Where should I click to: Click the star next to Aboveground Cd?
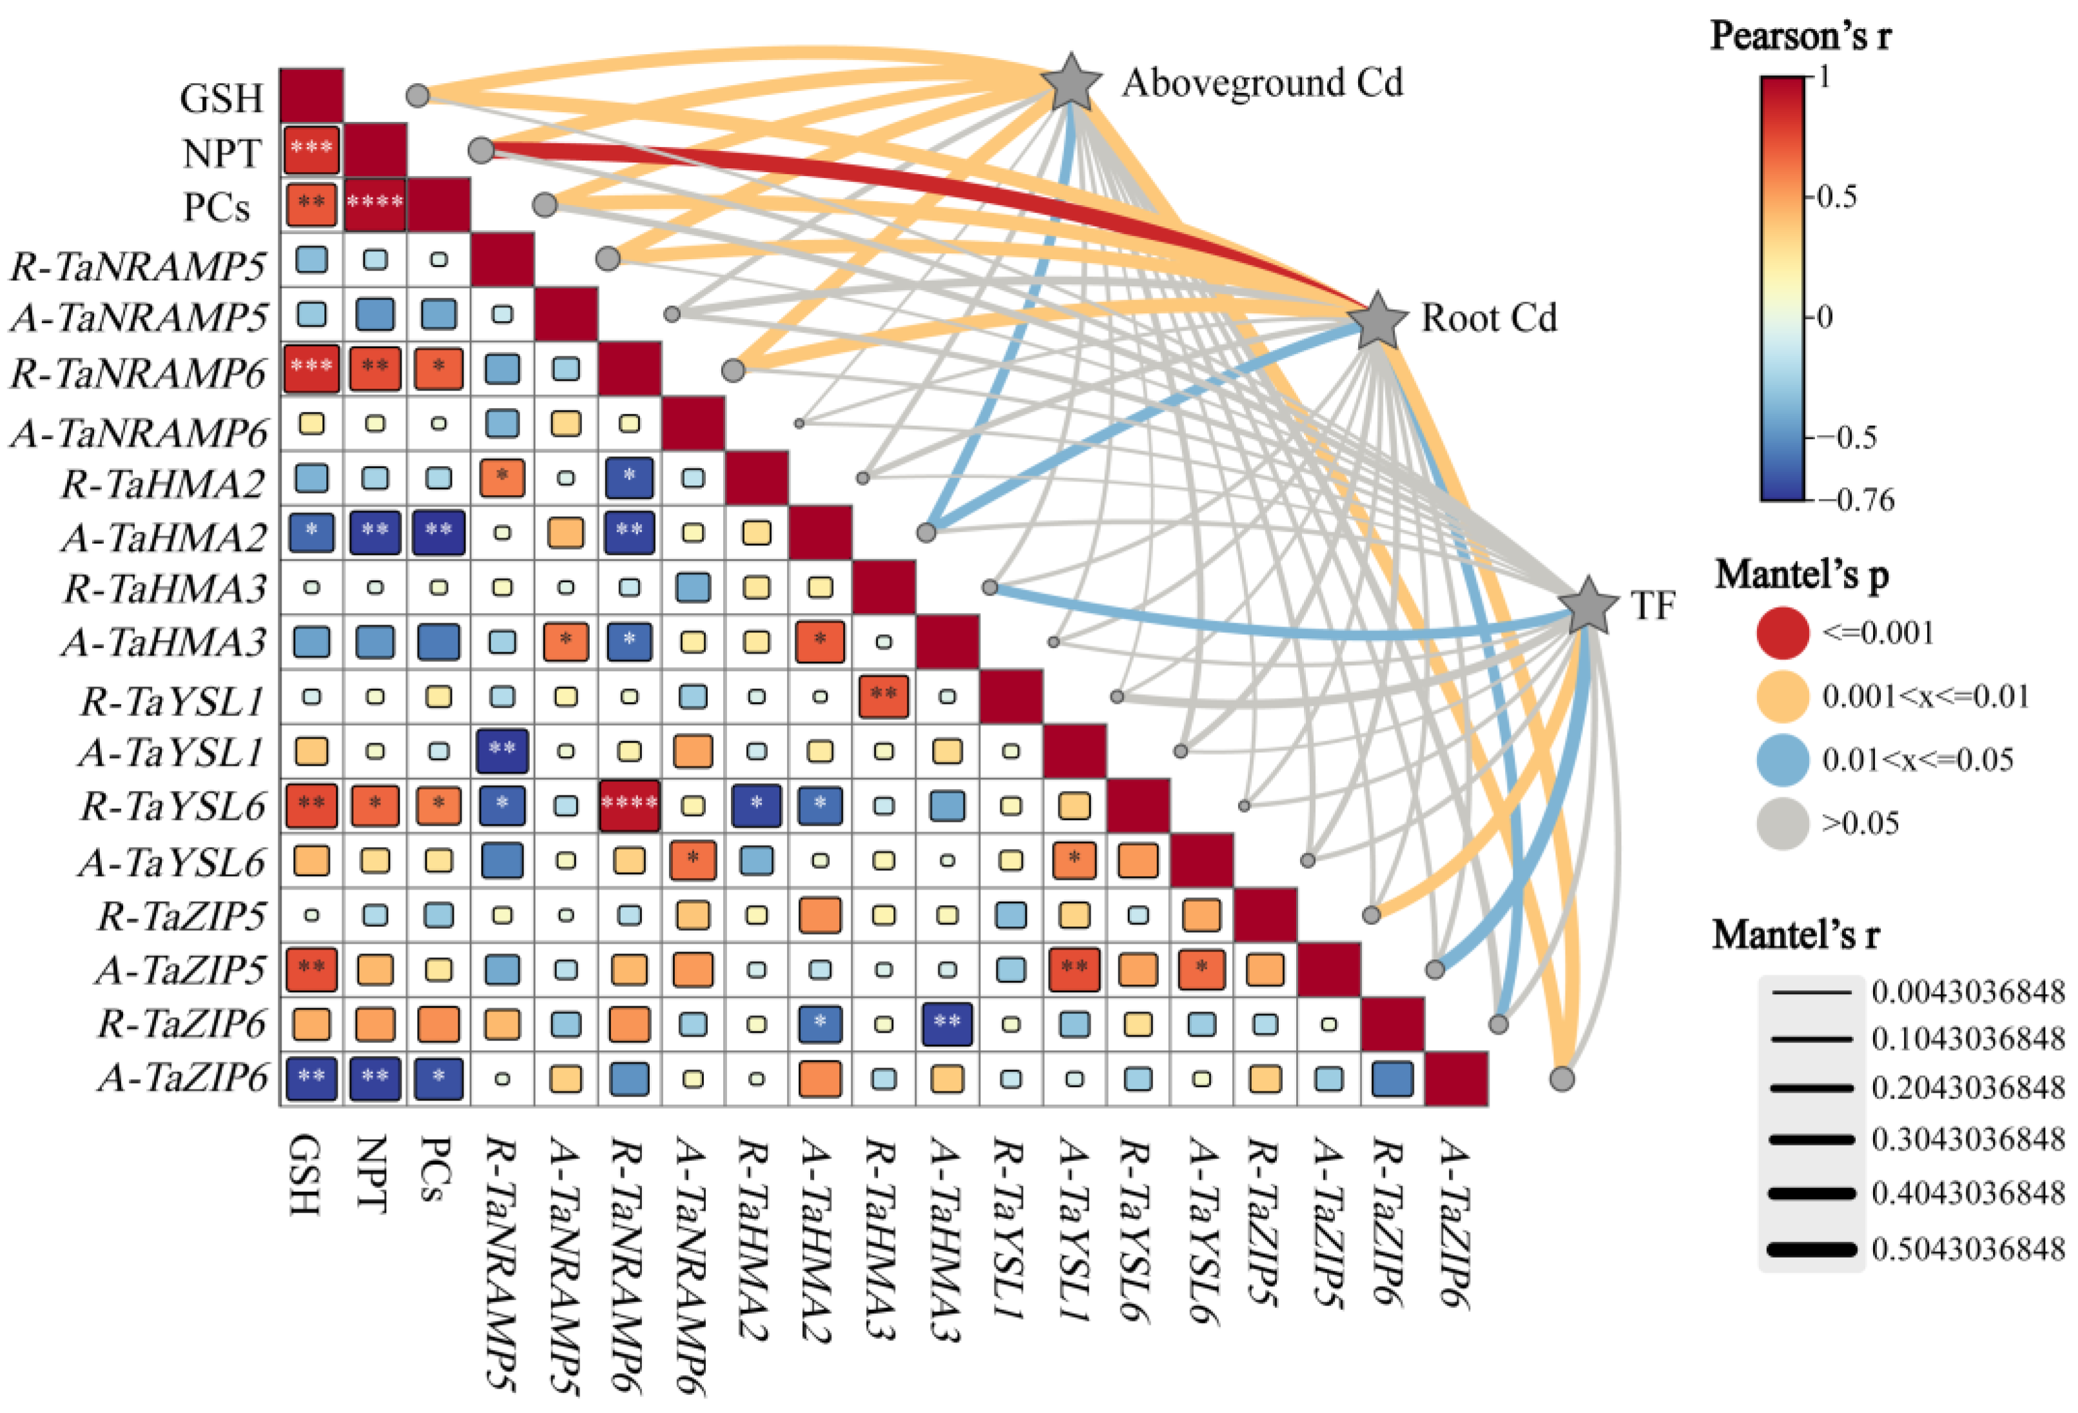[1071, 83]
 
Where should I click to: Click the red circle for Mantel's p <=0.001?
[1783, 633]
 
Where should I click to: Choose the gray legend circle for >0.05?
[1783, 823]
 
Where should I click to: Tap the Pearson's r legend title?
[1800, 35]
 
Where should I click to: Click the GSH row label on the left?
[222, 99]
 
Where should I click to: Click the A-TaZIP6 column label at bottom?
[1455, 1225]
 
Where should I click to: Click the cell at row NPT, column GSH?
[311, 150]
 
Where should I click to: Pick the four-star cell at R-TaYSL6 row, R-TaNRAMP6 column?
[630, 805]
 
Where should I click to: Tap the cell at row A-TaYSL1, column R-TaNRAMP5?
[501, 750]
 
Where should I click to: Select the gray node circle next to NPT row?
[481, 150]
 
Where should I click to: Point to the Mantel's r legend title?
[1796, 935]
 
